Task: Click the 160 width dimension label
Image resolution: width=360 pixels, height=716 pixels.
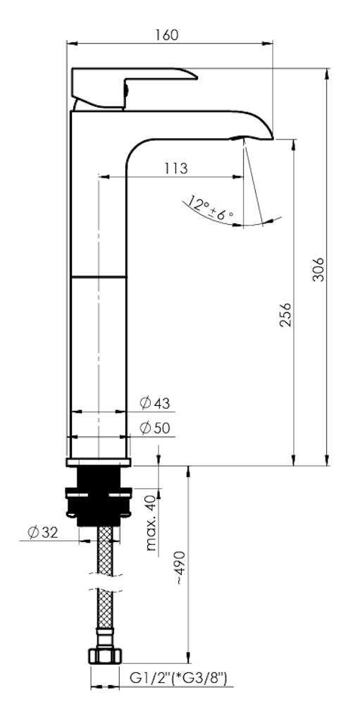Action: tap(167, 35)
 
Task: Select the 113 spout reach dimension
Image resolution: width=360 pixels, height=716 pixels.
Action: tap(175, 168)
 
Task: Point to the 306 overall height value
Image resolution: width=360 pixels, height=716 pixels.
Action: tap(319, 269)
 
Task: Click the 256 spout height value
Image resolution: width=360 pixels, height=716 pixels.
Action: tap(285, 314)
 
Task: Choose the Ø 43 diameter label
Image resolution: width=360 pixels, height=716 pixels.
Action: tap(155, 403)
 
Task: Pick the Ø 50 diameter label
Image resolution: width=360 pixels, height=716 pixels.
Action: tap(155, 428)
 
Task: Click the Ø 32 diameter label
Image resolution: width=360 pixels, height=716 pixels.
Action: tap(44, 533)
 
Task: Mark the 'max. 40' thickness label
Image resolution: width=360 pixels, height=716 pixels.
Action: tap(152, 524)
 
